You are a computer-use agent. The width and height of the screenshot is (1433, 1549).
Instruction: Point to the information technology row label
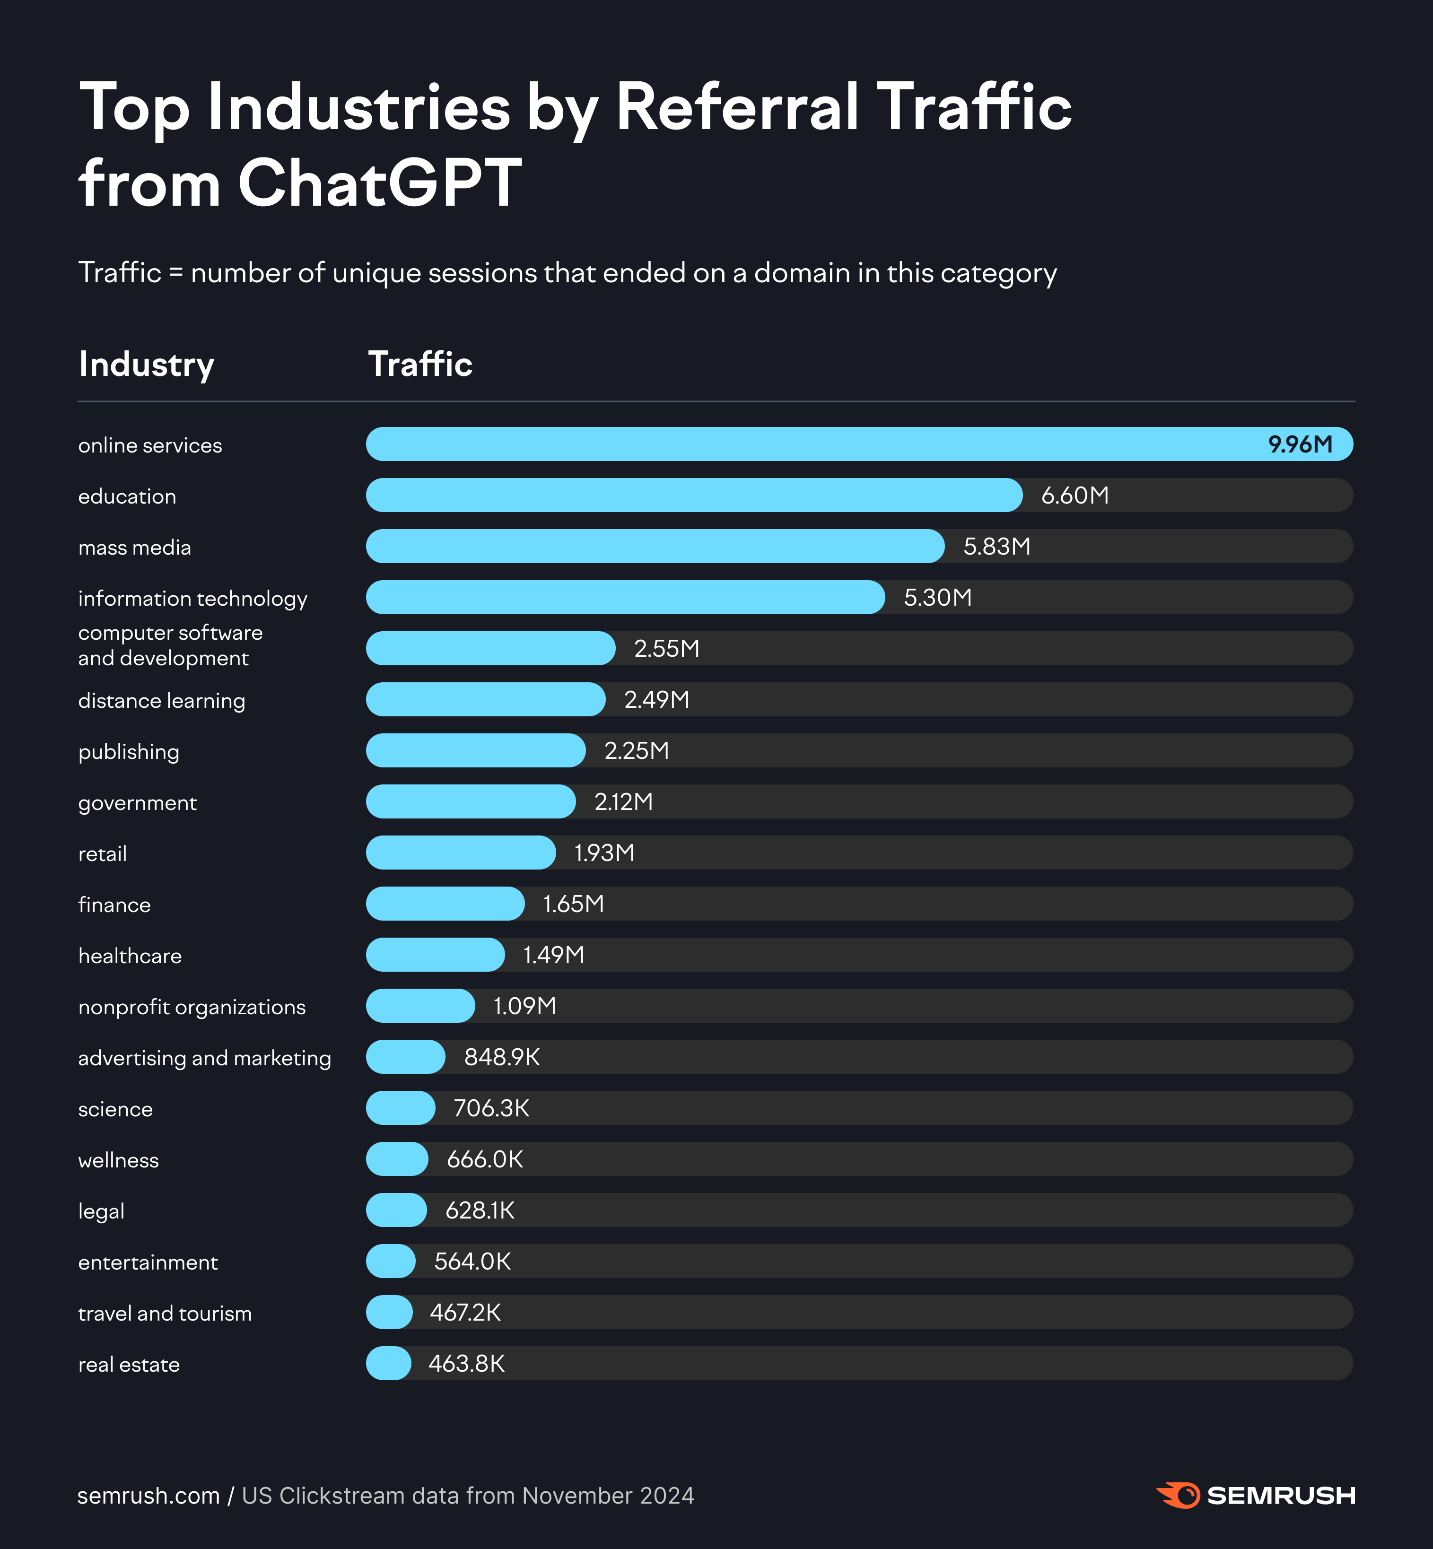pos(192,599)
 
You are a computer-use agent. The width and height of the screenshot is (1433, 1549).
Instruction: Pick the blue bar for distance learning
pos(485,699)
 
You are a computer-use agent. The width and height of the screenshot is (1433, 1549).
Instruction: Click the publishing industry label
pos(129,752)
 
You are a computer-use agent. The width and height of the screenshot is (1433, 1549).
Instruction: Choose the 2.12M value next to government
pos(623,801)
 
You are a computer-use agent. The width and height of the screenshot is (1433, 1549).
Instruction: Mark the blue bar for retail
pos(461,853)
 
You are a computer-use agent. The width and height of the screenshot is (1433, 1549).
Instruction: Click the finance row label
pos(114,905)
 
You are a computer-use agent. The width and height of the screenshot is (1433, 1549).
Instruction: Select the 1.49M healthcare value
pos(554,955)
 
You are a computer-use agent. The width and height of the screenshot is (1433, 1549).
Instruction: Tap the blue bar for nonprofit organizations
pos(420,1006)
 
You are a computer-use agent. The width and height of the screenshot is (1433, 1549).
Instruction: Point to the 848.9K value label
pos(502,1057)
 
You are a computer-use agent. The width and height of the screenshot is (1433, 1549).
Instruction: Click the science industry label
pos(115,1109)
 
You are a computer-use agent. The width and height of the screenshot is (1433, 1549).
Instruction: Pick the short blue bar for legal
pos(396,1210)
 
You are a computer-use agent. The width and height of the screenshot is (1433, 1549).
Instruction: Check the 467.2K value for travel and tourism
pos(465,1313)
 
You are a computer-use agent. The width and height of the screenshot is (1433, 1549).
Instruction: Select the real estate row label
pos(129,1365)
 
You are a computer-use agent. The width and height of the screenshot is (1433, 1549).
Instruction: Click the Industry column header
pos(147,365)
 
